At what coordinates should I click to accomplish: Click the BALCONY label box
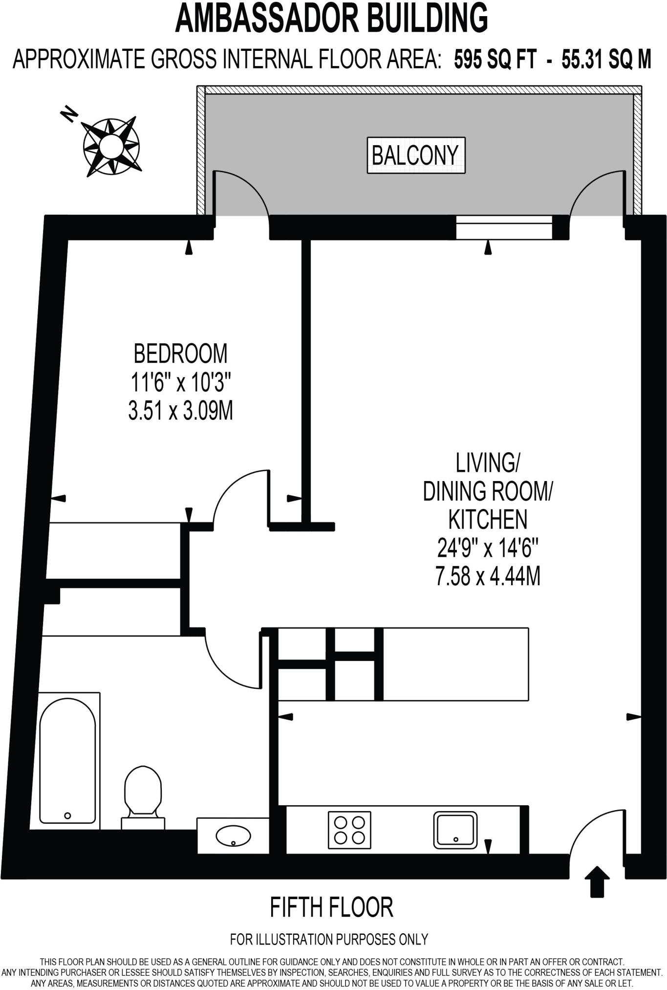click(416, 155)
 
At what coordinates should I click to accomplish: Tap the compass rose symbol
click(111, 146)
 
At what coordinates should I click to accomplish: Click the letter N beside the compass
click(69, 114)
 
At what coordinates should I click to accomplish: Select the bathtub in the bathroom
click(68, 761)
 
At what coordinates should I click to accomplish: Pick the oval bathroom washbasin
click(233, 836)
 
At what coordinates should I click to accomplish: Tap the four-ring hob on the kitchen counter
click(349, 830)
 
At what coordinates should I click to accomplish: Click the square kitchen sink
click(455, 830)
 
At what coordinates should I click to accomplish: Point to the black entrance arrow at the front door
click(597, 881)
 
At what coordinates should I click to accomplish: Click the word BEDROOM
click(180, 353)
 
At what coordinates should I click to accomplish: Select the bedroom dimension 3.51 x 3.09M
click(180, 411)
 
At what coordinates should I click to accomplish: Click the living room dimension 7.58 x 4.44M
click(488, 576)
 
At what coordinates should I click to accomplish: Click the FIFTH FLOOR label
click(331, 907)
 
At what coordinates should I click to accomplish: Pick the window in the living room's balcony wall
click(503, 227)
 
